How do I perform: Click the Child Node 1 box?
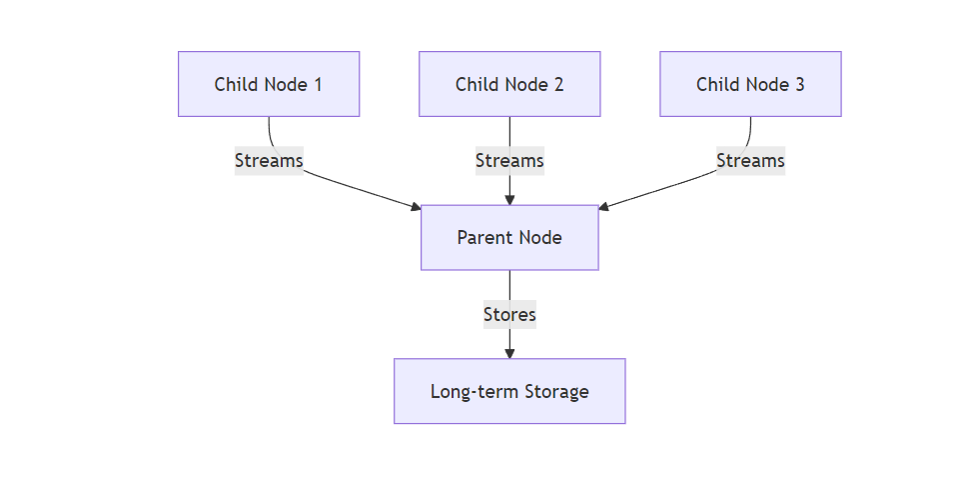(268, 84)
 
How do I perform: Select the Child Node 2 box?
(509, 84)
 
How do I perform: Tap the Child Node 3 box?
(750, 84)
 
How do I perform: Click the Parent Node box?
(509, 238)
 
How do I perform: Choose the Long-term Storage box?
(509, 391)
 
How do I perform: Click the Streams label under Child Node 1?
(269, 160)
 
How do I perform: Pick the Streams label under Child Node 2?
(509, 160)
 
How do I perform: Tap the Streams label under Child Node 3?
(750, 160)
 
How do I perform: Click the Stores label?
(509, 314)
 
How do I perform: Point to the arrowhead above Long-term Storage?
(509, 353)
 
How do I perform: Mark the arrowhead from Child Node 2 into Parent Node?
(509, 200)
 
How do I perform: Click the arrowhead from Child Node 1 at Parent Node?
(416, 206)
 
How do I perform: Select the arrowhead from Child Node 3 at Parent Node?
(603, 206)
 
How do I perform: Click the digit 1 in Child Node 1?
(318, 84)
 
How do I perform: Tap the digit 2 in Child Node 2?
(558, 84)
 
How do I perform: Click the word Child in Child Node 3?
(716, 84)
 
